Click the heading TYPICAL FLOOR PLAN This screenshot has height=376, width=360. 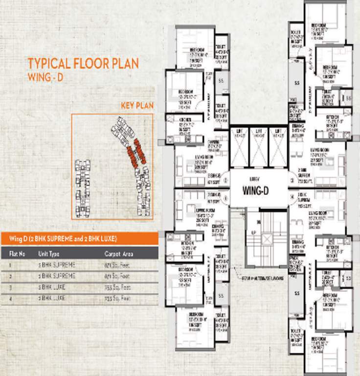[x=83, y=63]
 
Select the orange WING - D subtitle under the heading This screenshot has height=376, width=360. [x=46, y=77]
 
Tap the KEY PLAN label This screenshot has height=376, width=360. [x=137, y=105]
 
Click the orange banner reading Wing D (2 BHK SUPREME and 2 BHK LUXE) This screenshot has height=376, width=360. [x=79, y=238]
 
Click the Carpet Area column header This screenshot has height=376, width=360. [x=119, y=254]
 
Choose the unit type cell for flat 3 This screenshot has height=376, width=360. [x=62, y=287]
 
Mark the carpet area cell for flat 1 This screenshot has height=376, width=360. [x=117, y=265]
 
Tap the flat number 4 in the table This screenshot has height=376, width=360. [x=11, y=298]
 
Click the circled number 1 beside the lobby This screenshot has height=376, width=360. [x=225, y=180]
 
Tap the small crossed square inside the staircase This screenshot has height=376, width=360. [x=267, y=239]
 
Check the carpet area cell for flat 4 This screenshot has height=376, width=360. [x=117, y=298]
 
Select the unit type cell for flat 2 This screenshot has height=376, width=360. [x=62, y=276]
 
